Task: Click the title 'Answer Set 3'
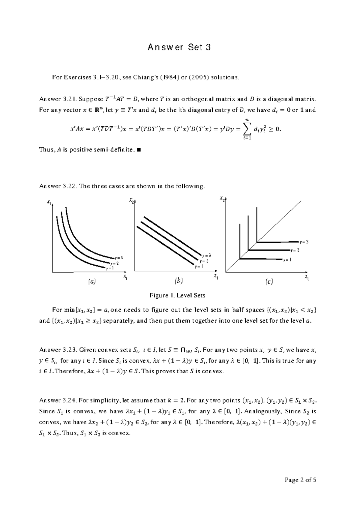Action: point(179,47)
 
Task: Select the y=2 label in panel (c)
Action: point(295,250)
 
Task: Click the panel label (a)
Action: point(91,282)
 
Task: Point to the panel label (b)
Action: point(179,281)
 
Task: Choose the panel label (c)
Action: point(269,282)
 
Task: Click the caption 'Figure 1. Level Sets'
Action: point(177,295)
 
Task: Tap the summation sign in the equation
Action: point(248,129)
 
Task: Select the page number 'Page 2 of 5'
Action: point(300,480)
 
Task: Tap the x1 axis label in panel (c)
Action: point(306,276)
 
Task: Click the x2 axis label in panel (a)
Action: point(50,203)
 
